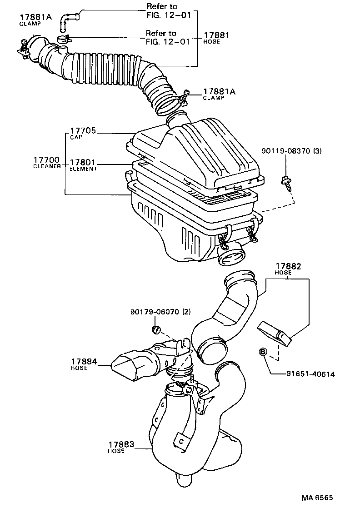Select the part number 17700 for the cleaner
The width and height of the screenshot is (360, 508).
click(45, 160)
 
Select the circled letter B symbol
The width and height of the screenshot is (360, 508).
click(263, 351)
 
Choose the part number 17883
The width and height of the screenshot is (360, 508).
click(121, 445)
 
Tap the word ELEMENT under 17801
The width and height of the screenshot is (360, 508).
click(83, 169)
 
